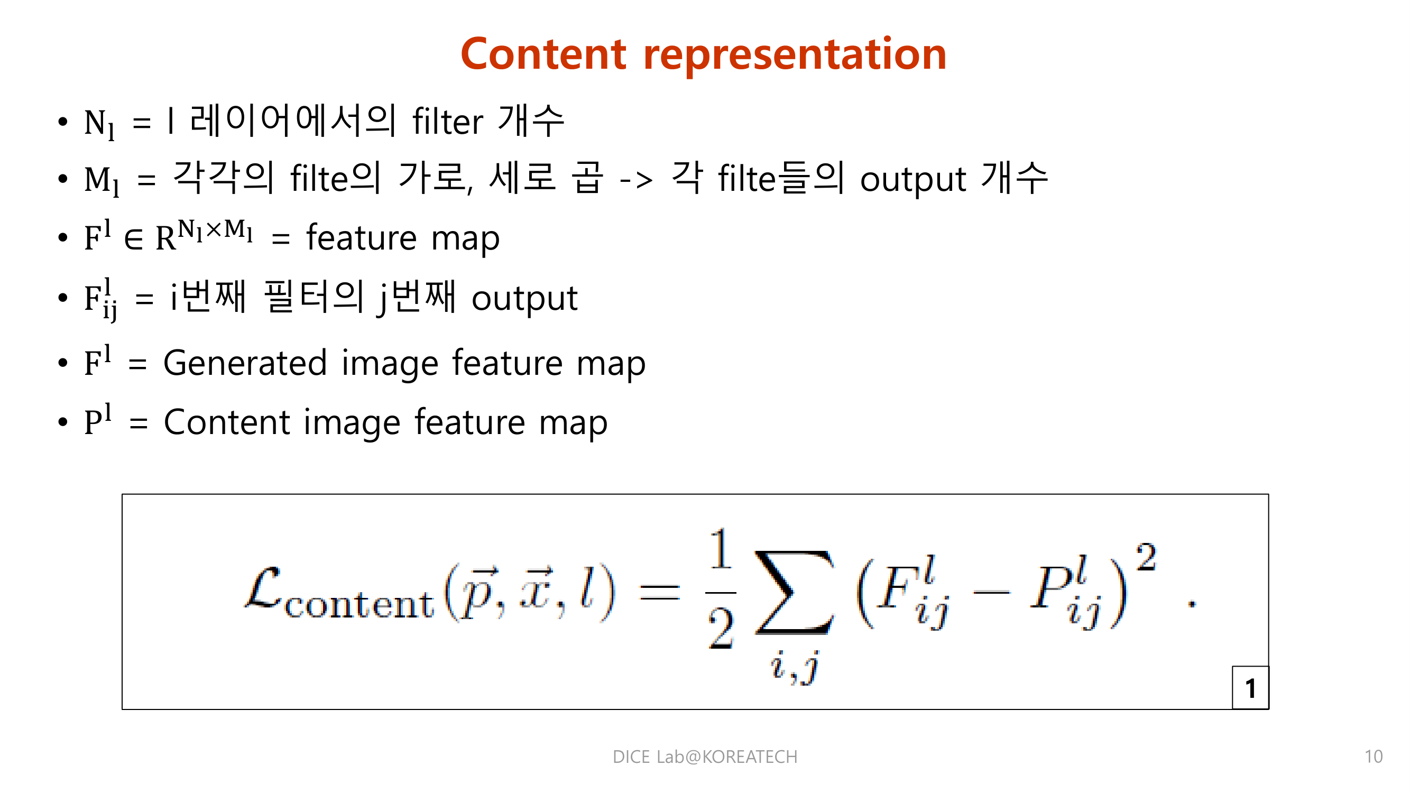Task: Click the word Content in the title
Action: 543,55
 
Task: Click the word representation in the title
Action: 795,55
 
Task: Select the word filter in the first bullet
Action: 448,122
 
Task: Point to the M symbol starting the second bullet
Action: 97,179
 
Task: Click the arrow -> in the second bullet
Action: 636,179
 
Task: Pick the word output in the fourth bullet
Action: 524,299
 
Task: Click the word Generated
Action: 245,363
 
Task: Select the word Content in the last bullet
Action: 227,422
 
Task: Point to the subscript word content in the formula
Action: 359,605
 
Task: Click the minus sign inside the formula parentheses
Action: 991,592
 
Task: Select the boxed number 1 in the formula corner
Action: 1250,688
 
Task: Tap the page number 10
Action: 1374,757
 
